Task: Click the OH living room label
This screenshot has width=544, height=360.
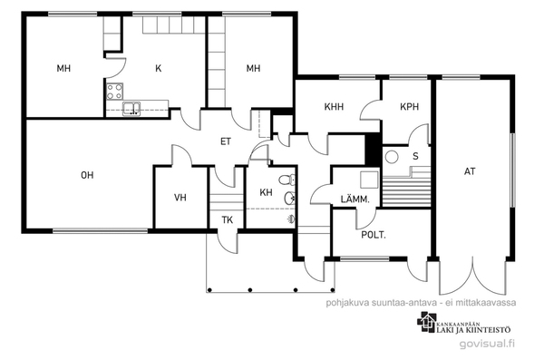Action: (87, 175)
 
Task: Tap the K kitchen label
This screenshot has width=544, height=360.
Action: (158, 68)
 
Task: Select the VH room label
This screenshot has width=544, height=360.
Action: (180, 198)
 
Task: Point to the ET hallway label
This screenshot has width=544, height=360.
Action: (226, 141)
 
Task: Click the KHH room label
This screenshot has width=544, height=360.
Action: (334, 107)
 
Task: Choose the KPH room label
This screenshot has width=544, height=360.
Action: (410, 107)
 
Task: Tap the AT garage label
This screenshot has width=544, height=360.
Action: (470, 171)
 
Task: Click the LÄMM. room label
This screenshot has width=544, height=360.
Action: (355, 199)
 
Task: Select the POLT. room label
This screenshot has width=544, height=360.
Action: (374, 235)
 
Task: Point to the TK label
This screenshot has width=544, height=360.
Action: (228, 220)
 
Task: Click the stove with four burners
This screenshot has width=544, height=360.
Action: (115, 92)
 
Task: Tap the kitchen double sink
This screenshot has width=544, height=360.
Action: (131, 108)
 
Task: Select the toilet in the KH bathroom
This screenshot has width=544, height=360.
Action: (287, 180)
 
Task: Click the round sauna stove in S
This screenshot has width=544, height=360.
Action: (392, 157)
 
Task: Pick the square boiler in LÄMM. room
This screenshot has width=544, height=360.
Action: (369, 180)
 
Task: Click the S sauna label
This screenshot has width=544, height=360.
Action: (415, 156)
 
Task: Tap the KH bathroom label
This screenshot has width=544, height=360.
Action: (266, 192)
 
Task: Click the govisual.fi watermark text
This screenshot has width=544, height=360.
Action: (487, 344)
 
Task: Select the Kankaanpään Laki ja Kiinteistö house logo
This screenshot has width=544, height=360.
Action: (426, 321)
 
